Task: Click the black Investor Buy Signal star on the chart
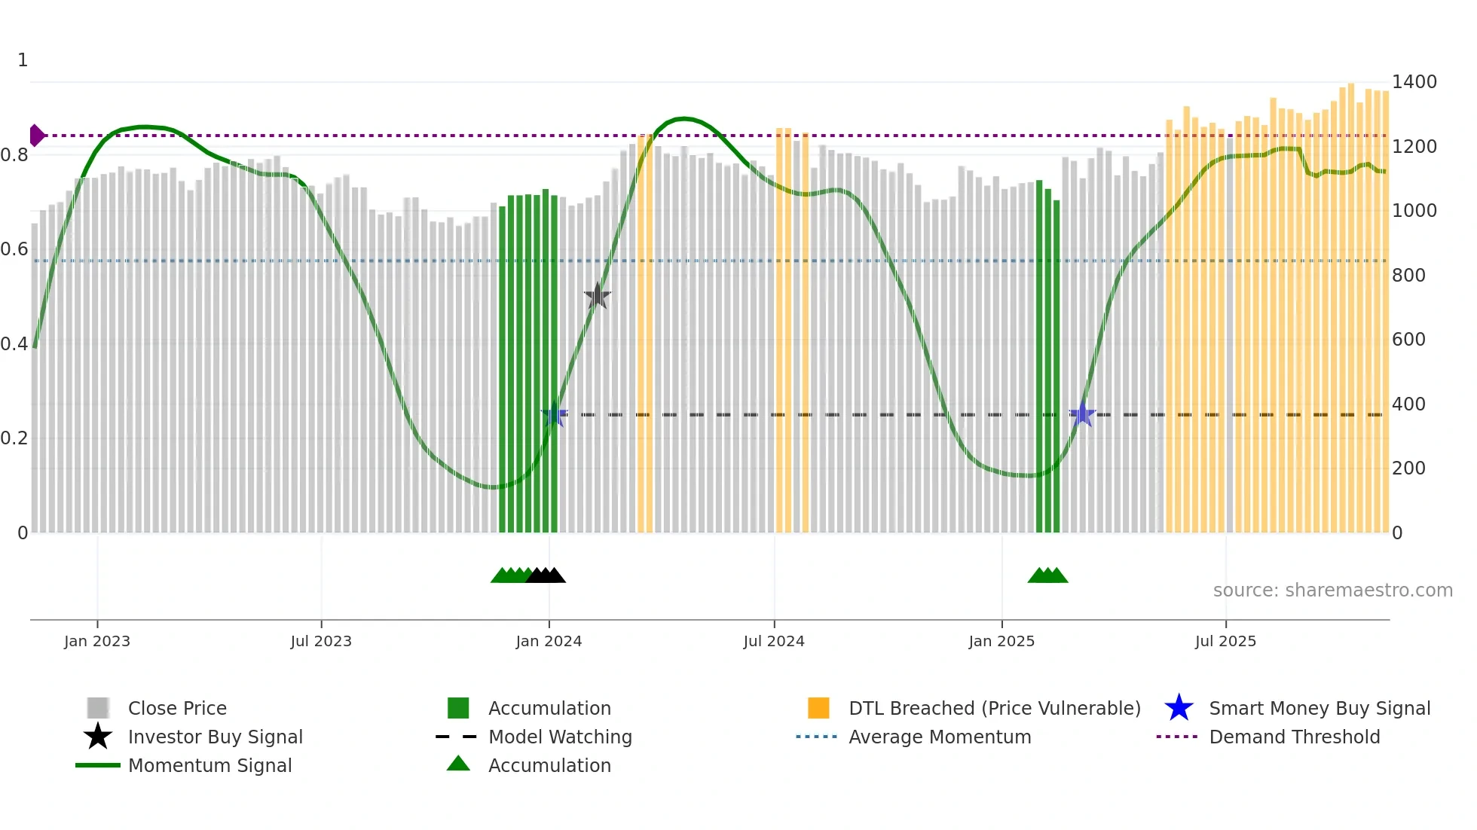[598, 296]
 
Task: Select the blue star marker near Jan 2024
[554, 414]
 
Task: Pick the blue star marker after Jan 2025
[1082, 413]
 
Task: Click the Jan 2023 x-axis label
[97, 641]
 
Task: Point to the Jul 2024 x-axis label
[774, 641]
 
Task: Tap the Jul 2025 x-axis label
[1225, 641]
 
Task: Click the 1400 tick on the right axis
[1414, 82]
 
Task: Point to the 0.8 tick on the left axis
[14, 155]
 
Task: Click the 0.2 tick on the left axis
[14, 438]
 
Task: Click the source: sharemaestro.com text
[1332, 590]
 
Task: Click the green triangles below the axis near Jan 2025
[1047, 575]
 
